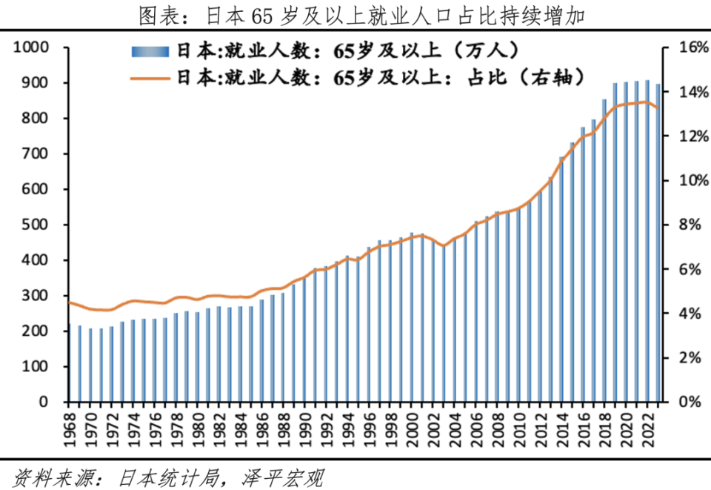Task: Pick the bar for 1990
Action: click(304, 340)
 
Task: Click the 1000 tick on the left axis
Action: click(32, 47)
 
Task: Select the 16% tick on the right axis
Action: click(684, 47)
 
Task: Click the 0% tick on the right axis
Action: click(687, 402)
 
